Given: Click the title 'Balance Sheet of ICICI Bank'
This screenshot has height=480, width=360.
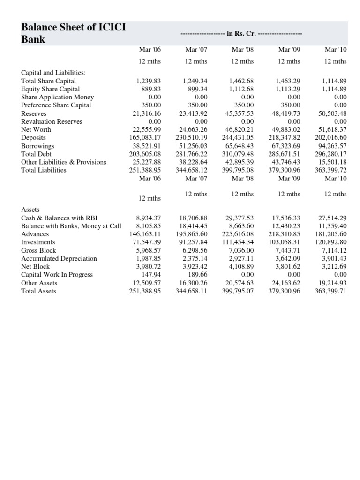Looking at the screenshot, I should click(74, 33).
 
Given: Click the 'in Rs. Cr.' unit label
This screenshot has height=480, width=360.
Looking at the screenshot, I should click(241, 34).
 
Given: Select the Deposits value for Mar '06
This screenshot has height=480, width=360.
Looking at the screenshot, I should click(145, 137).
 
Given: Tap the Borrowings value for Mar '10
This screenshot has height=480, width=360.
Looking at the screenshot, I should click(331, 145).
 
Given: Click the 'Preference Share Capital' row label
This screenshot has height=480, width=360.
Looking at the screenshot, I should click(56, 105).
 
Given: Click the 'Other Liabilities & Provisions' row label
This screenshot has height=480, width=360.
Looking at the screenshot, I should click(64, 162).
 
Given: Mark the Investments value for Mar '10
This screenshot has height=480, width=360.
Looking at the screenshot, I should click(331, 242).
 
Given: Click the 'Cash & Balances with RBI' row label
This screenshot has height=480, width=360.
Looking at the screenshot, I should click(59, 218).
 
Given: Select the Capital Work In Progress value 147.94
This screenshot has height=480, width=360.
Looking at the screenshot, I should click(151, 274).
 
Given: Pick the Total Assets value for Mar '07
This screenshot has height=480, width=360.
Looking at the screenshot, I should click(192, 291).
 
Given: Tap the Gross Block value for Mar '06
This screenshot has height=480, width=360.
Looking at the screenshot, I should click(149, 250).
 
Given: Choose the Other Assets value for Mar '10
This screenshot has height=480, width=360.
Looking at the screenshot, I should click(332, 283).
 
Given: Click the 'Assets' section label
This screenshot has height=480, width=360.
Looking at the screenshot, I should click(31, 210).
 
